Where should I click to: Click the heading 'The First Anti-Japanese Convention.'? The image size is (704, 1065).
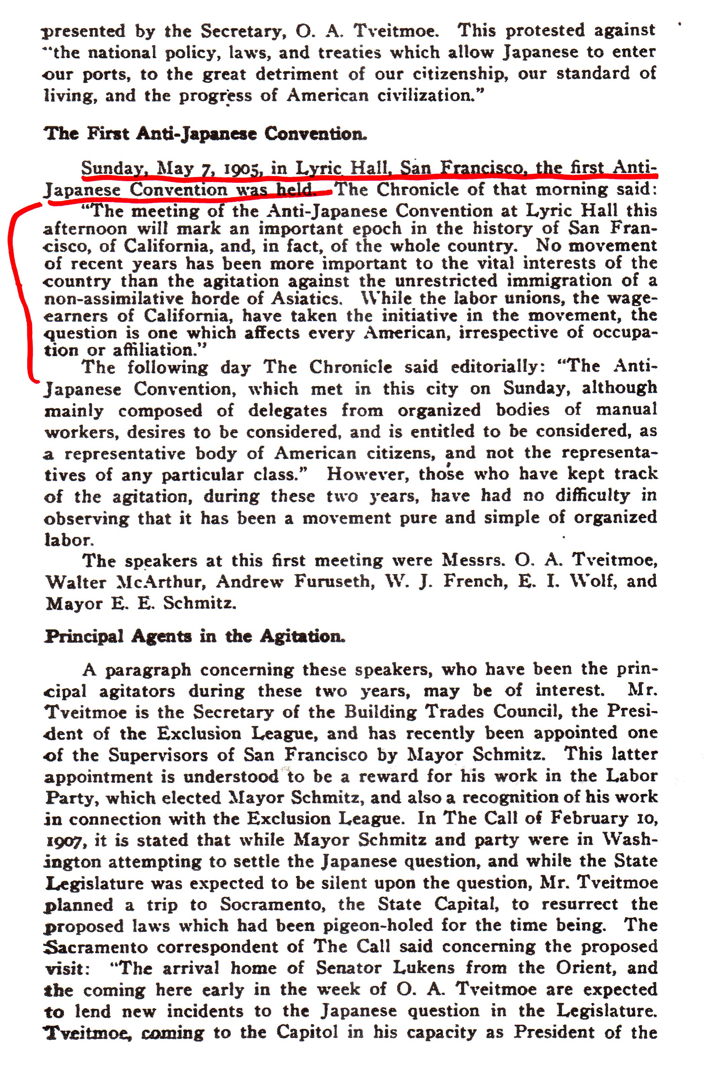[x=205, y=134]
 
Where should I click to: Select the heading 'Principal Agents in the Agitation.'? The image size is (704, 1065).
[x=195, y=636]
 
